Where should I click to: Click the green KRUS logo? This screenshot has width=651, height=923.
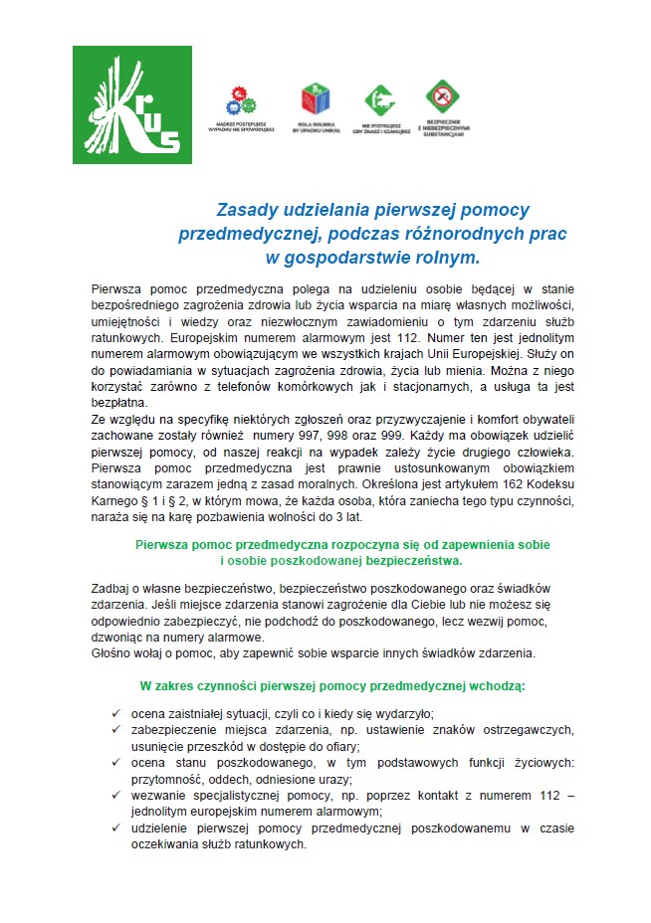(x=131, y=104)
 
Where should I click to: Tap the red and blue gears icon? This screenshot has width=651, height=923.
(x=241, y=98)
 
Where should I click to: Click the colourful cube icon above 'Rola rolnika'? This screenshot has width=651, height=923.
(x=314, y=98)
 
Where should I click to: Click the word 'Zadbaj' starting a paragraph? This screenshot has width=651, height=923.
(x=111, y=589)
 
